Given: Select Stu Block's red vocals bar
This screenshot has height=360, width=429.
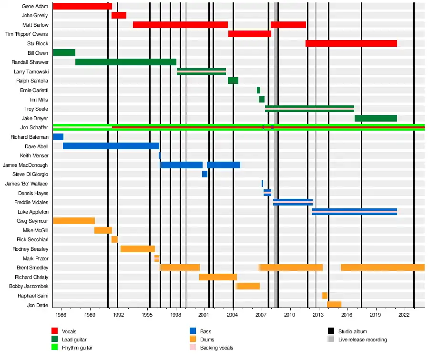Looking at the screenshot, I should tap(351, 43).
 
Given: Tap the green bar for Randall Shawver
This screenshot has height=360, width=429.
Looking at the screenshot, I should tap(125, 62).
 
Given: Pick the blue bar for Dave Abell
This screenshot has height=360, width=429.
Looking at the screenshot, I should tap(111, 146).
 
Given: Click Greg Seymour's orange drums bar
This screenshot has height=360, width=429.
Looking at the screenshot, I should tap(73, 221).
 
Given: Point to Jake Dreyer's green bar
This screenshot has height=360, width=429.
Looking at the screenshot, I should tap(376, 118).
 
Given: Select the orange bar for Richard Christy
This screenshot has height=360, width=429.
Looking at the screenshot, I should tap(218, 277).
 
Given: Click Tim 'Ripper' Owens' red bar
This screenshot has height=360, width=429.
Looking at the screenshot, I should tap(249, 34).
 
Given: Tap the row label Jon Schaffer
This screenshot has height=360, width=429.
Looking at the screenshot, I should tap(34, 127).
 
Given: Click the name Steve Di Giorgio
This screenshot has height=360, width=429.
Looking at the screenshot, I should tap(30, 174).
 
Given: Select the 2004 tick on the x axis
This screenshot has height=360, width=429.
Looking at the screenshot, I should tap(233, 315).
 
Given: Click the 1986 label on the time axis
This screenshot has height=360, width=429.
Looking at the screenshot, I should tap(61, 315).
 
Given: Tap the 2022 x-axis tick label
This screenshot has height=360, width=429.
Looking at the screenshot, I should tap(404, 315).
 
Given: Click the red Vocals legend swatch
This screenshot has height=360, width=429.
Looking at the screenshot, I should tap(55, 331).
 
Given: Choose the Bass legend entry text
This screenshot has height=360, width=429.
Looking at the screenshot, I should tap(205, 331).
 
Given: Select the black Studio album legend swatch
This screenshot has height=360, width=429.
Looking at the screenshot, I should tap(331, 331).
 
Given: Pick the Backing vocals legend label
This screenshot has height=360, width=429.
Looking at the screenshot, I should tap(216, 348).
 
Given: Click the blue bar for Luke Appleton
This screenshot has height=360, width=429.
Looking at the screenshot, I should tap(354, 212).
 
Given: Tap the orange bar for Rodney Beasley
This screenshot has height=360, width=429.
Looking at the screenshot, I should tap(137, 249).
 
